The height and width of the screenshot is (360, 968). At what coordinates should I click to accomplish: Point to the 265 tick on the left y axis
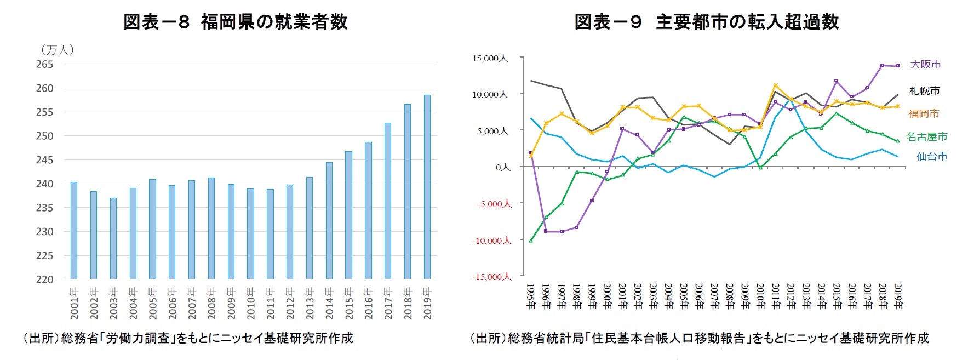pyautogui.click(x=44, y=64)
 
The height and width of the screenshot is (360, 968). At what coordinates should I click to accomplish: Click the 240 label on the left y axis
pyautogui.click(x=44, y=184)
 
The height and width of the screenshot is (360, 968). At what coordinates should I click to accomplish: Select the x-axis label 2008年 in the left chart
pyautogui.click(x=211, y=303)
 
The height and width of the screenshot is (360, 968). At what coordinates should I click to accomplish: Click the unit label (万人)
pyautogui.click(x=57, y=50)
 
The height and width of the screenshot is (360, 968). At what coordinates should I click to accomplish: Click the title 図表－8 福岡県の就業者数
pyautogui.click(x=235, y=22)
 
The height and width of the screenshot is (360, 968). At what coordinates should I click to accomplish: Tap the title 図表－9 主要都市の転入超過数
pyautogui.click(x=706, y=22)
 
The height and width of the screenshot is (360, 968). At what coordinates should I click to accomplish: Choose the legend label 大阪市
pyautogui.click(x=925, y=64)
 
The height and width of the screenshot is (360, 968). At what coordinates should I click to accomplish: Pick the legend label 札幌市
pyautogui.click(x=924, y=90)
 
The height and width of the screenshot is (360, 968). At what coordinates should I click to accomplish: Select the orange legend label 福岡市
pyautogui.click(x=924, y=113)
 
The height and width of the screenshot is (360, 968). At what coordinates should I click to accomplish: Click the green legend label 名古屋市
pyautogui.click(x=926, y=136)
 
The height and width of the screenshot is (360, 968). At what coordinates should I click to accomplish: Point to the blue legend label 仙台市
pyautogui.click(x=931, y=156)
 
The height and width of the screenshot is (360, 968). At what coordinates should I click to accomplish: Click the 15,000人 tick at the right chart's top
pyautogui.click(x=490, y=58)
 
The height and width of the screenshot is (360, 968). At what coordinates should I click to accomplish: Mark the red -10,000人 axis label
pyautogui.click(x=491, y=241)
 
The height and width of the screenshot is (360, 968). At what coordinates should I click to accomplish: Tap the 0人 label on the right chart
pyautogui.click(x=502, y=167)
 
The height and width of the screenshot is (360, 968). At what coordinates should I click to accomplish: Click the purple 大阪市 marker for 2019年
pyautogui.click(x=897, y=66)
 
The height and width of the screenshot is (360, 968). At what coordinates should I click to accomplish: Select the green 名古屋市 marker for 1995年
pyautogui.click(x=531, y=241)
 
